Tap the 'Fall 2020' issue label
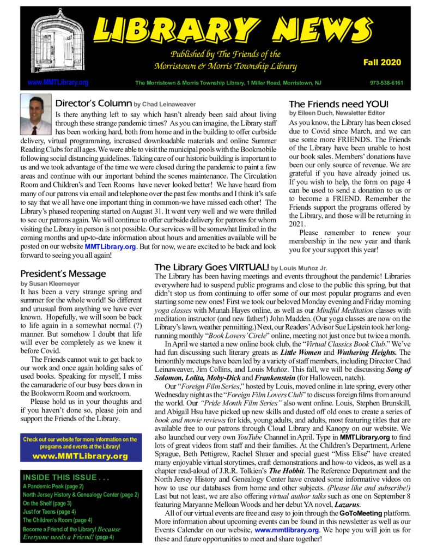point(382,63)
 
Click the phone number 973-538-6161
point(386,83)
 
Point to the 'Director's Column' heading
point(94,103)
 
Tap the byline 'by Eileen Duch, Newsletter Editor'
point(337,113)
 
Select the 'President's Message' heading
point(63,274)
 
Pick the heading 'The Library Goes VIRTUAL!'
point(211,268)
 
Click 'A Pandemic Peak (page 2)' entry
point(53,486)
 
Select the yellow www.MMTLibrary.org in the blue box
point(80,456)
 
